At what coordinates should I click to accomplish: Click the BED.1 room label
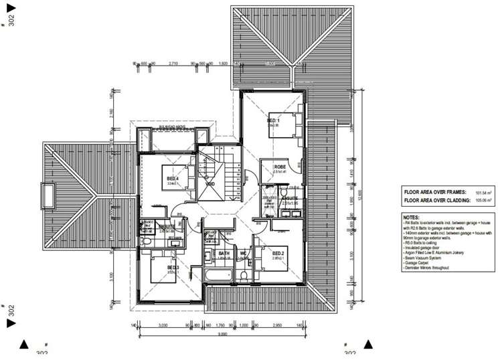pos(273,121)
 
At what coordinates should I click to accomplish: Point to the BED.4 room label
pos(173,179)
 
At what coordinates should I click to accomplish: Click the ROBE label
pos(280,167)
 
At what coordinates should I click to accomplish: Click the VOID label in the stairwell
pos(210,183)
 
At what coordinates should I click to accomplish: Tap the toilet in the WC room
pos(245,274)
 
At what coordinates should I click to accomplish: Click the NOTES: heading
pos(412,217)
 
